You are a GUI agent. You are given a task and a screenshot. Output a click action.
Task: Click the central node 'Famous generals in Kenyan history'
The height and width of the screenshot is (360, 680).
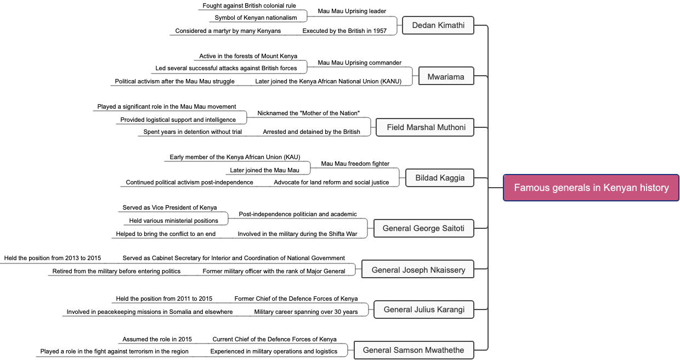point(591,188)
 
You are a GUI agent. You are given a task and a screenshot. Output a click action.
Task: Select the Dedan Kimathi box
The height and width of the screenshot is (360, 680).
point(438,25)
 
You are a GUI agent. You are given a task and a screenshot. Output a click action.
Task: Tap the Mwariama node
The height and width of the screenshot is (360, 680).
point(445,77)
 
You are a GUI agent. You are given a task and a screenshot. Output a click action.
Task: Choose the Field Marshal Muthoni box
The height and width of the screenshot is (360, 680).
point(426,127)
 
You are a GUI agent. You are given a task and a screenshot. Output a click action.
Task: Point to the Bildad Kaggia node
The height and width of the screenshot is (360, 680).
point(440,178)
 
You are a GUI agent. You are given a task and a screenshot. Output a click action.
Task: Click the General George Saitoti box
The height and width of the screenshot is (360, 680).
point(423,228)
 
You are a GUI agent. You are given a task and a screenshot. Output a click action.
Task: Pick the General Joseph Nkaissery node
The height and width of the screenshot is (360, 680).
point(418,269)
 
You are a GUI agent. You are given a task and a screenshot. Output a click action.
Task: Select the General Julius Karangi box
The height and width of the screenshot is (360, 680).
point(423,310)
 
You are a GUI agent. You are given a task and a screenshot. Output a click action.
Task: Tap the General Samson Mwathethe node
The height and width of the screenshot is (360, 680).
point(413,350)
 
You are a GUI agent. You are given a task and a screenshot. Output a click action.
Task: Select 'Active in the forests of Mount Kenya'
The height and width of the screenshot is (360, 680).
point(248,56)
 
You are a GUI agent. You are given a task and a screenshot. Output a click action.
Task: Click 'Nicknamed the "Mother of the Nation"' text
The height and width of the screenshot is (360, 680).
point(308,113)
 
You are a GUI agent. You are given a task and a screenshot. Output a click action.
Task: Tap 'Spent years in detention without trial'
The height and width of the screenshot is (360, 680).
point(192,132)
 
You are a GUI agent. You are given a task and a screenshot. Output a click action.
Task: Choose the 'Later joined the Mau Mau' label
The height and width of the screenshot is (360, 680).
point(264,170)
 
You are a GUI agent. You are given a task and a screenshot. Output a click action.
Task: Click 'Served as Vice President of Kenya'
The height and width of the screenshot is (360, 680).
point(169,207)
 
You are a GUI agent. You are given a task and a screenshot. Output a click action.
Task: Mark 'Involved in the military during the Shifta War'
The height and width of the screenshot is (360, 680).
point(297,234)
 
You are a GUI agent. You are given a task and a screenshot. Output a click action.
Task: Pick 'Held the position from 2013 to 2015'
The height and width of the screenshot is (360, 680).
point(53,258)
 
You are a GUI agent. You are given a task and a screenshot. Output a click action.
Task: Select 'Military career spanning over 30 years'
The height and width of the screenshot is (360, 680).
point(306,312)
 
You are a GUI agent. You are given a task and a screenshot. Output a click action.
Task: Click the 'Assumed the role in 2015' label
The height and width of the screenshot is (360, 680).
point(157,339)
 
